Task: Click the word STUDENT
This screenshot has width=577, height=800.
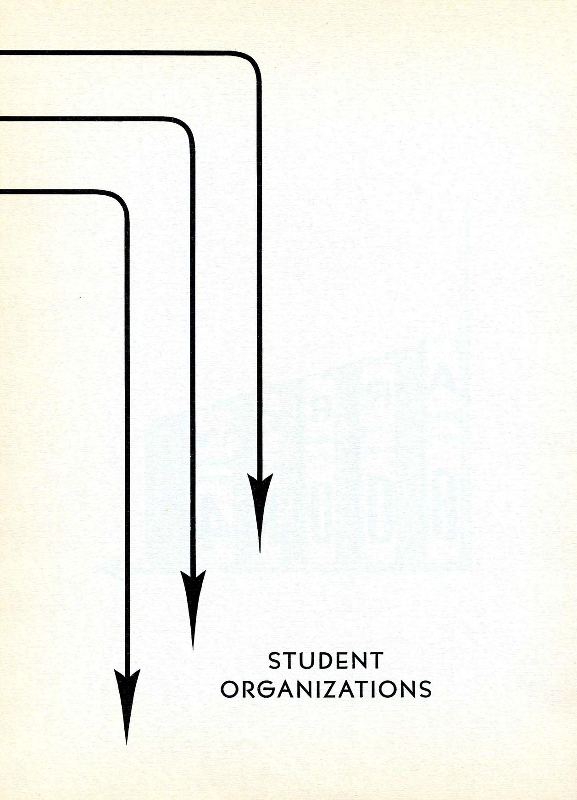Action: [x=325, y=661]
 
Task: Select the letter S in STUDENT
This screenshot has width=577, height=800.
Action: [x=274, y=661]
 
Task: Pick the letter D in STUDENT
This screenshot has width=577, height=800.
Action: [x=325, y=661]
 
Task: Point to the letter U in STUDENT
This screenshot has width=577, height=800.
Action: [x=306, y=661]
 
